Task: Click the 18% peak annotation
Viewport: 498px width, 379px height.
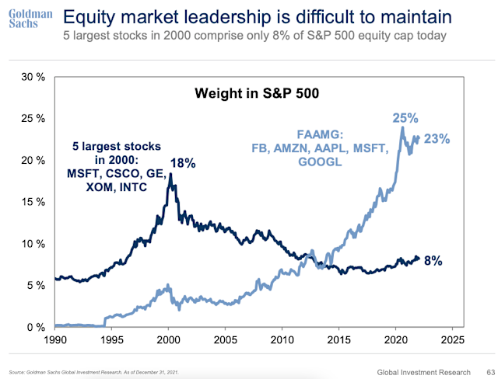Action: click(x=184, y=164)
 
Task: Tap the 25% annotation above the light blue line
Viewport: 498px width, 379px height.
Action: click(x=405, y=119)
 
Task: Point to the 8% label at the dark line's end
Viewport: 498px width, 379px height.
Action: click(x=433, y=261)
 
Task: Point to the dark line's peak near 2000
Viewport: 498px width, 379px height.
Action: click(x=170, y=176)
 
